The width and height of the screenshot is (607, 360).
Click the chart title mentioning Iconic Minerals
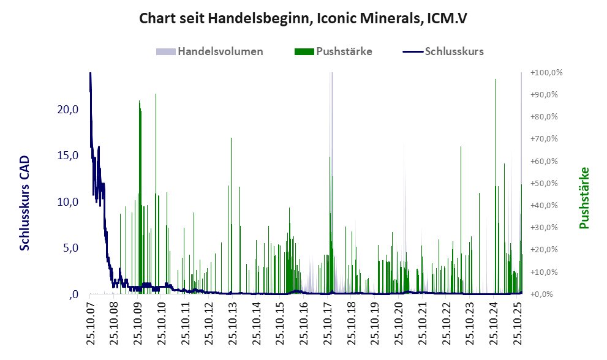click(x=303, y=18)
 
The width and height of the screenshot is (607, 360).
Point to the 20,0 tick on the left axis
click(x=67, y=110)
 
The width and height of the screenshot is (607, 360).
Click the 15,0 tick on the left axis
click(x=67, y=156)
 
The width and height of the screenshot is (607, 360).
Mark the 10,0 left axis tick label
click(x=67, y=202)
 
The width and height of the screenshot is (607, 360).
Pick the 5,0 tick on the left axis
click(x=70, y=249)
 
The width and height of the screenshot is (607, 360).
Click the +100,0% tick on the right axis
click(x=546, y=73)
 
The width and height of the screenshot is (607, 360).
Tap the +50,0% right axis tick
click(x=546, y=183)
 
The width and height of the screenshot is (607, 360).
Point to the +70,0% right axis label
click(x=546, y=139)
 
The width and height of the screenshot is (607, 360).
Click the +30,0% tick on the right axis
click(x=546, y=228)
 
